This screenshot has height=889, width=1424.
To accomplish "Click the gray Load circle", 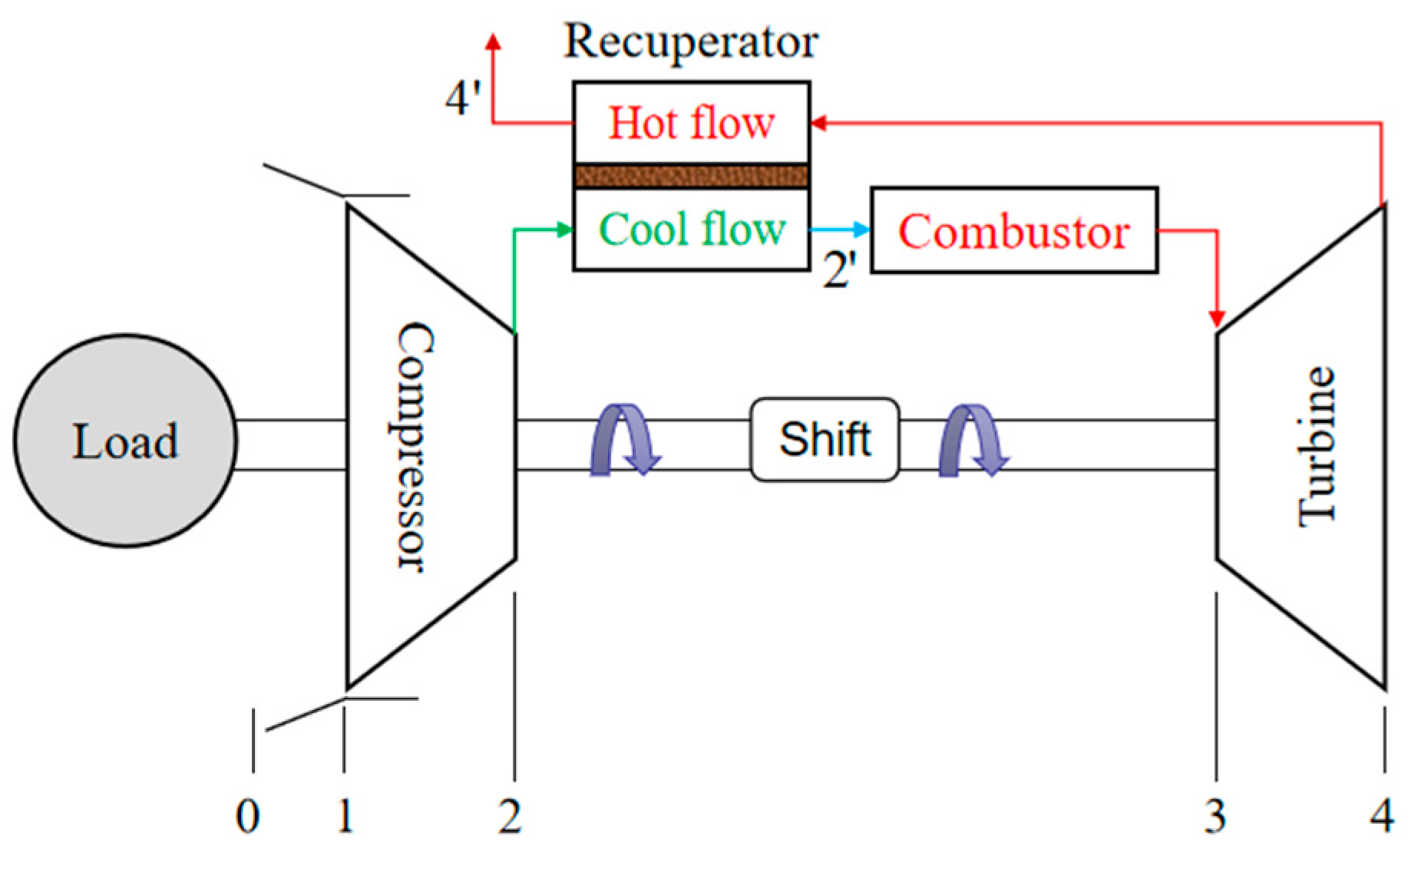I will click(x=125, y=441).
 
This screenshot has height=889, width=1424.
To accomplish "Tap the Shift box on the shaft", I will click(x=824, y=439).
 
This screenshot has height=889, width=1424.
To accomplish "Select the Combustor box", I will click(x=1013, y=230).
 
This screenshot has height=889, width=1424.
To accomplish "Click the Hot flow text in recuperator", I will click(x=691, y=123).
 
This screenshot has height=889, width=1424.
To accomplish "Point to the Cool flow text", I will click(x=691, y=229).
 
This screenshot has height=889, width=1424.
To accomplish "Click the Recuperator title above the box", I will click(x=691, y=41).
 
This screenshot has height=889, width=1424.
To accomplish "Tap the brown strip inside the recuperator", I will click(x=691, y=176).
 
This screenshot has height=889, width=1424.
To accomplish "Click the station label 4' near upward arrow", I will click(x=463, y=98).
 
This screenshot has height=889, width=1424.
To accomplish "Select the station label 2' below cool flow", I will click(x=839, y=270).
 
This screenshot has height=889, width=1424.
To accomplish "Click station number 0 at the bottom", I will click(x=247, y=815).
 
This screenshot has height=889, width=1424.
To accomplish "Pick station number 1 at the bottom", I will click(x=345, y=815).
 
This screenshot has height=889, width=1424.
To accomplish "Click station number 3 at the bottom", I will click(x=1214, y=815).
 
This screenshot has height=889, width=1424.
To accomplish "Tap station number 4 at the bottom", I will click(x=1382, y=815).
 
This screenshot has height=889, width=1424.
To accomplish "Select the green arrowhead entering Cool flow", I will click(x=565, y=229).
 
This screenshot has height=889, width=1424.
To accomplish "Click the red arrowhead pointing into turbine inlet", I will click(x=1217, y=318).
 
